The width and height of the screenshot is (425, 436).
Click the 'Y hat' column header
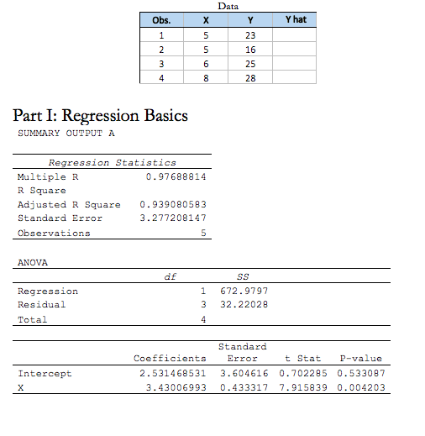point(295,20)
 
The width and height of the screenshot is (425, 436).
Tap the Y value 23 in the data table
point(249,35)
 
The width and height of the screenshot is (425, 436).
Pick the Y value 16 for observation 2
point(249,50)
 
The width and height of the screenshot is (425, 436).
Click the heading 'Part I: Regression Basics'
point(101,115)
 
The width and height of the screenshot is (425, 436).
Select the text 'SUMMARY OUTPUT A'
point(66,134)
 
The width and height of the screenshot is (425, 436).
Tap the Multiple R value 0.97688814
point(176,177)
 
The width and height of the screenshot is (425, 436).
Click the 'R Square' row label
point(41,191)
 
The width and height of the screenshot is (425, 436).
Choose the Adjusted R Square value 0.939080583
point(172,204)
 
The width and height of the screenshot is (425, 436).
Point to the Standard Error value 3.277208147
point(172,218)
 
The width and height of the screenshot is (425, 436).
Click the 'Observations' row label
point(54,233)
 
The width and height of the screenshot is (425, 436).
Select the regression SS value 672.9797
point(245,291)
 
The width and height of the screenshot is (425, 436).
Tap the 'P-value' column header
point(361,359)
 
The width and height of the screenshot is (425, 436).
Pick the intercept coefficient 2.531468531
point(172,373)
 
